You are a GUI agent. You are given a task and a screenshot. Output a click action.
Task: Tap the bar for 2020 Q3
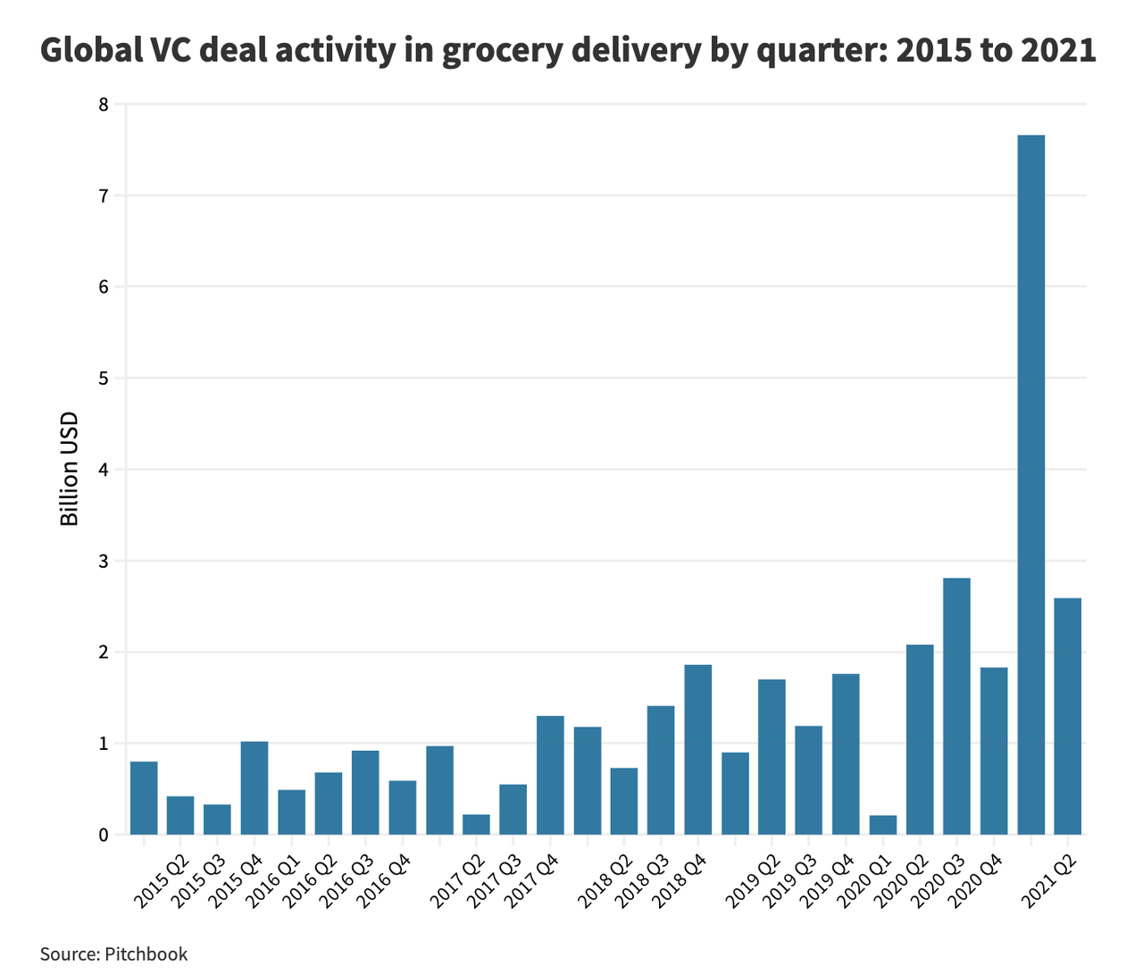[x=956, y=706]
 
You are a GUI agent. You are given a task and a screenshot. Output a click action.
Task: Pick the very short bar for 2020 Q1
[x=882, y=825]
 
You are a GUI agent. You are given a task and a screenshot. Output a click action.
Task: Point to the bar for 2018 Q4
[x=697, y=750]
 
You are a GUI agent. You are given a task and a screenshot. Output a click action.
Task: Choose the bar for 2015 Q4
[x=254, y=787]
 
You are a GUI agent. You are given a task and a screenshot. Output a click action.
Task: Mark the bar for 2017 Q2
[x=476, y=824]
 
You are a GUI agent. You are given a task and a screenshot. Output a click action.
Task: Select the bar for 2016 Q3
[x=365, y=793]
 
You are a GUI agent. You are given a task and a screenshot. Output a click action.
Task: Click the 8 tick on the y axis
[x=104, y=104]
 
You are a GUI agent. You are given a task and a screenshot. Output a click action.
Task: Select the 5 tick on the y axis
[x=104, y=379]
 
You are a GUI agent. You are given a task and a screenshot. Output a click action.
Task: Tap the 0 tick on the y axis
[x=104, y=836]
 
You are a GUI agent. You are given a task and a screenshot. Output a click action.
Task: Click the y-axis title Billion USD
[x=70, y=469]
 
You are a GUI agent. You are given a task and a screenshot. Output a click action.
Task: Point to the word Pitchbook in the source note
[x=146, y=954]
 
